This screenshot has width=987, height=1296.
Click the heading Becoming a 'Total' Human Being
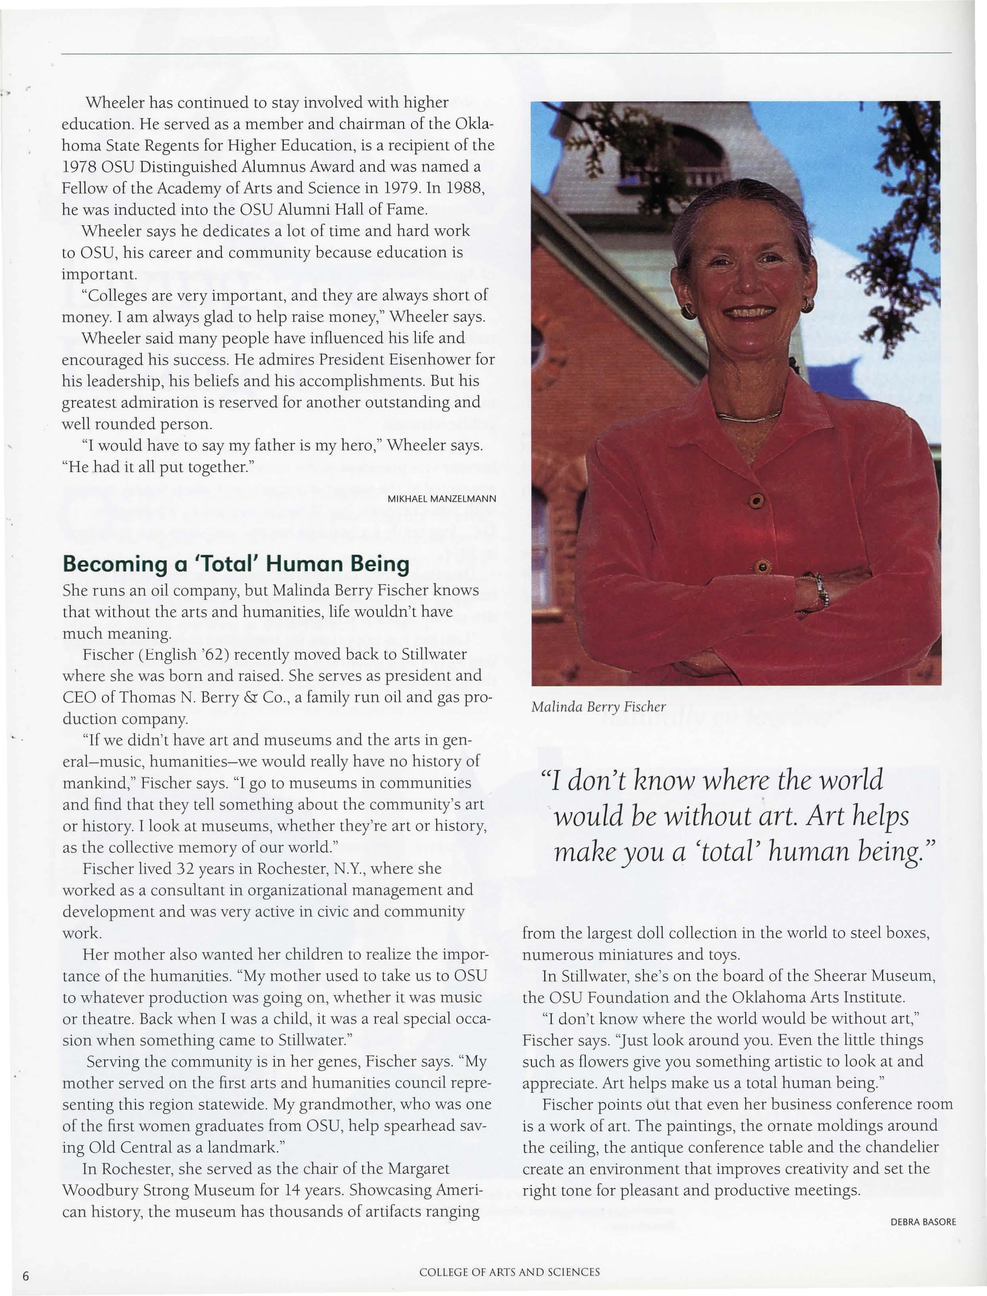235,564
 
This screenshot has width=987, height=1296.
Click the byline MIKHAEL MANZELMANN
442,499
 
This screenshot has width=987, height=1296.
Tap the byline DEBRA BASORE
923,1222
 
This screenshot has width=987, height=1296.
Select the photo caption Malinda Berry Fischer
598,707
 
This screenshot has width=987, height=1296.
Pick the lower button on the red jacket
762,568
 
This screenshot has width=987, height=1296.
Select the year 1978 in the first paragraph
79,167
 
